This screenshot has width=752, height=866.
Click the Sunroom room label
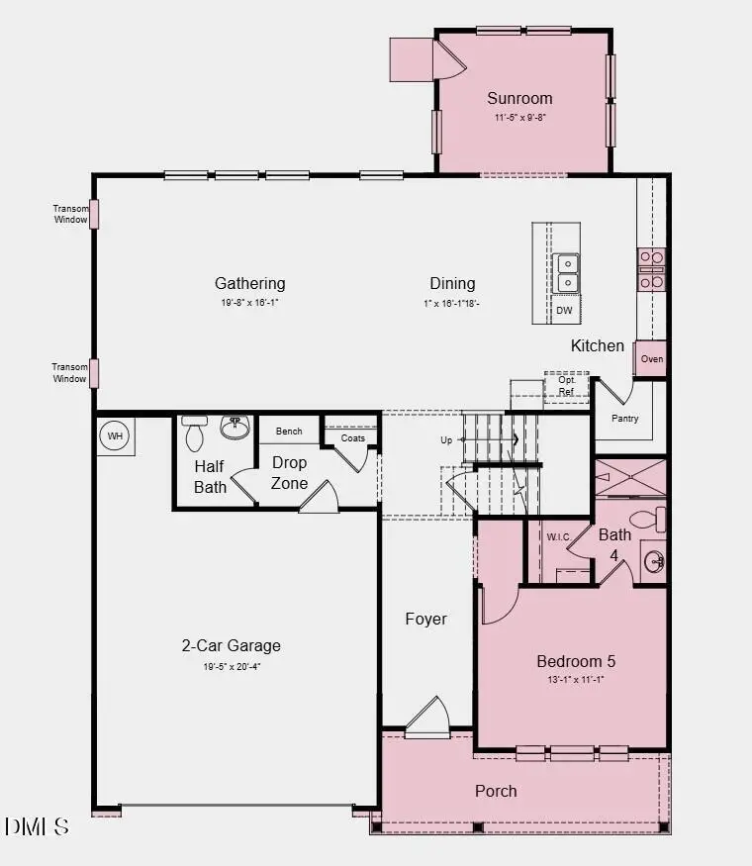pyautogui.click(x=519, y=98)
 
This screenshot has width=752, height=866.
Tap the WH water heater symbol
pyautogui.click(x=115, y=436)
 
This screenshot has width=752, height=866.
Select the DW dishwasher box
pyautogui.click(x=564, y=311)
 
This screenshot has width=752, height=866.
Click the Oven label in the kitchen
pyautogui.click(x=652, y=359)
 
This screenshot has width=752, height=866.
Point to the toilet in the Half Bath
pyautogui.click(x=195, y=435)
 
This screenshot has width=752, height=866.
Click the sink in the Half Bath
pyautogui.click(x=235, y=430)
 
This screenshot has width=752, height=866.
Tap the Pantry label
pyautogui.click(x=624, y=419)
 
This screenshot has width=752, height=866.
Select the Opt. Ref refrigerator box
pyautogui.click(x=567, y=385)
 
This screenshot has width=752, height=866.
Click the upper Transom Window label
pyautogui.click(x=70, y=214)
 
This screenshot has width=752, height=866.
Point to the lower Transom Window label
pyautogui.click(x=70, y=373)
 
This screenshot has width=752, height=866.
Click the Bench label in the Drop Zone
pyautogui.click(x=289, y=432)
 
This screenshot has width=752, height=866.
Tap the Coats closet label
pyautogui.click(x=352, y=438)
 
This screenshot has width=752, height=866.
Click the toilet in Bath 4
pyautogui.click(x=648, y=518)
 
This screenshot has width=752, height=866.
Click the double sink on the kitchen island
pyautogui.click(x=567, y=273)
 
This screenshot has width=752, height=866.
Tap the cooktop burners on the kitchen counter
pyautogui.click(x=651, y=270)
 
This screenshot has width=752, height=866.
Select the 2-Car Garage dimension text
pyautogui.click(x=231, y=666)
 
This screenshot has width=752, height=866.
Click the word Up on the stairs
pyautogui.click(x=447, y=439)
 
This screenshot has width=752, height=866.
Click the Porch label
pyautogui.click(x=496, y=791)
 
